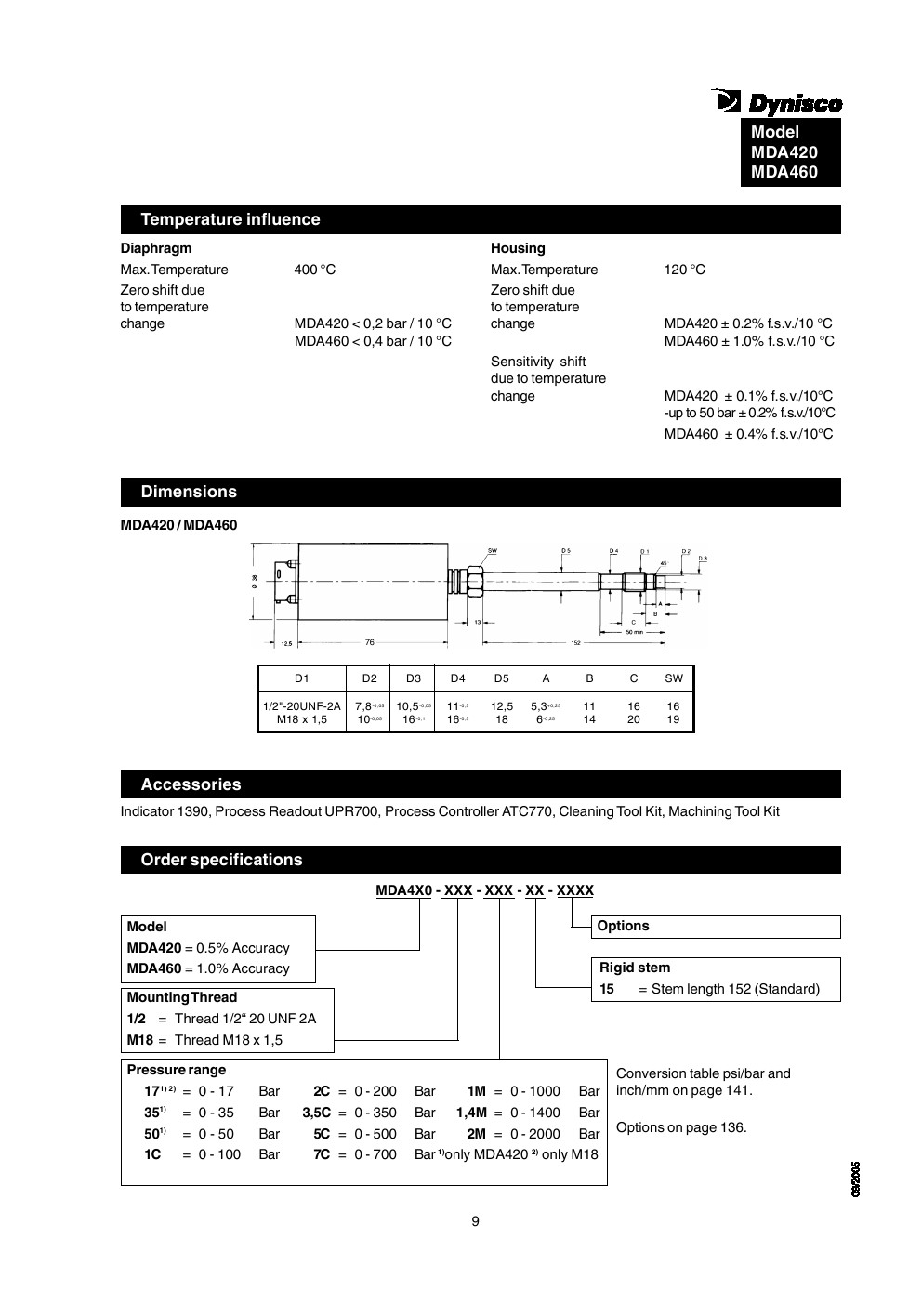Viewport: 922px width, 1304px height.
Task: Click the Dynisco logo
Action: [x=777, y=101]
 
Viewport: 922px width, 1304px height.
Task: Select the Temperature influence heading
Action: [x=230, y=219]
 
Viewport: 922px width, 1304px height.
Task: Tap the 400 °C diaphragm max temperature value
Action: [x=315, y=270]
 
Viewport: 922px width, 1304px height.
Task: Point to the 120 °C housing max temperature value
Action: [x=685, y=270]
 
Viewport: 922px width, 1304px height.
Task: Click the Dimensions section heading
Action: [x=189, y=492]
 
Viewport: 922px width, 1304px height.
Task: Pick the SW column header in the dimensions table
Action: [x=674, y=678]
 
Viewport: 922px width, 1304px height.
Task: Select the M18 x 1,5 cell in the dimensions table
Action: [x=302, y=719]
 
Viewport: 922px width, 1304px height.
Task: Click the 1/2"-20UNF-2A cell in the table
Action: [x=302, y=706]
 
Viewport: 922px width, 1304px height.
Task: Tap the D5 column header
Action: [x=502, y=678]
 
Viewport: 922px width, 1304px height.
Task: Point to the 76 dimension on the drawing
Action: [x=369, y=641]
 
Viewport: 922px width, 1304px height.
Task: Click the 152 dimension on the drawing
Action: [x=576, y=641]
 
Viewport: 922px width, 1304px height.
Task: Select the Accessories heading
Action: [x=191, y=784]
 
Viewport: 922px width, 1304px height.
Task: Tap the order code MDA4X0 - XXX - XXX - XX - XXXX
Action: [x=484, y=890]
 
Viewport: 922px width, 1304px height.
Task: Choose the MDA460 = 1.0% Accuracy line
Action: [x=208, y=968]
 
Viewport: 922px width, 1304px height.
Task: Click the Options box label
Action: [x=624, y=926]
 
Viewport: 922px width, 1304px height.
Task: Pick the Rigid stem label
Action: [x=635, y=968]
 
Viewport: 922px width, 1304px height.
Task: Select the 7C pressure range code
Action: [x=322, y=1154]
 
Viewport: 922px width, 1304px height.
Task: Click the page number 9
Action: [x=475, y=1221]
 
